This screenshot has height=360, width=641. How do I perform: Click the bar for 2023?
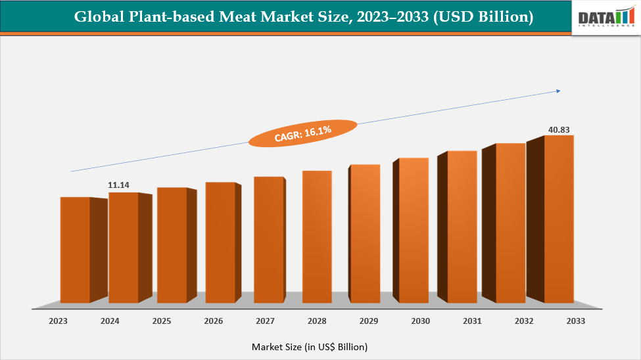75,250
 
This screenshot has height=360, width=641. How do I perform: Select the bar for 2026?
220,242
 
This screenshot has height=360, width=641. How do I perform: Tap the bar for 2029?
365,234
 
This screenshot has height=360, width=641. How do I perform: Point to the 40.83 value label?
559,129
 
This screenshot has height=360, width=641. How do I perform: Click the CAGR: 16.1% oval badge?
302,133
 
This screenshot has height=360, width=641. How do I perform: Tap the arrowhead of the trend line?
558,91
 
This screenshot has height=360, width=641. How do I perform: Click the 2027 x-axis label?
264,321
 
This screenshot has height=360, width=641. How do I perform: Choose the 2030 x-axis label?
420,321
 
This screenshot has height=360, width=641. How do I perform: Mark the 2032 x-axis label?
523,321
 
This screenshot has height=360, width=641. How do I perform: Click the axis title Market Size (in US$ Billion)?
309,346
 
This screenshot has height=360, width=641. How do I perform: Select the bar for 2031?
462,227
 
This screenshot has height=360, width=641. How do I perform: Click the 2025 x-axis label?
162,321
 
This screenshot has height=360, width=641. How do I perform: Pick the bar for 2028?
317,236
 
